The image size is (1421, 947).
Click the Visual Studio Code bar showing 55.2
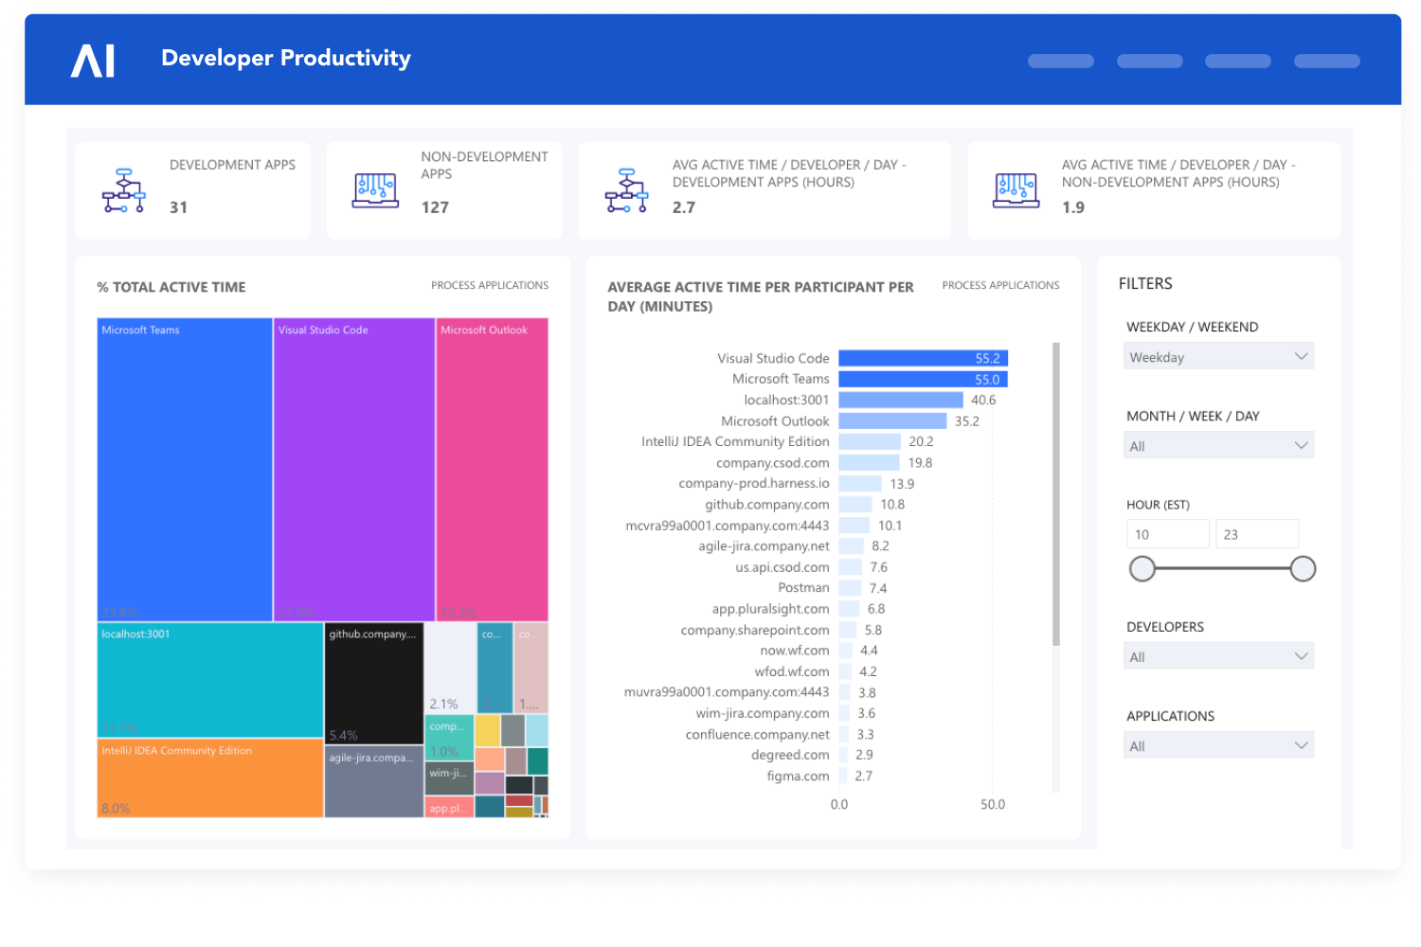pos(923,358)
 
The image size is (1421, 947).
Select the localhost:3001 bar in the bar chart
pos(900,400)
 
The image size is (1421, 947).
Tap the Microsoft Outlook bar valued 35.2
pos(892,420)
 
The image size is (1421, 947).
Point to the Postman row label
pos(803,588)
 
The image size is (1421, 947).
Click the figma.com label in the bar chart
pos(798,776)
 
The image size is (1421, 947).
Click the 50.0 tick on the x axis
pos(992,804)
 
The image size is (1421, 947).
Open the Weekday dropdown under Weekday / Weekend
pos(1218,356)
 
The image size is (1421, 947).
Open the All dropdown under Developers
pos(1218,656)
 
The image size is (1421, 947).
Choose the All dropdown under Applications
pos(1218,745)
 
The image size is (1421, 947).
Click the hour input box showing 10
pos(1167,534)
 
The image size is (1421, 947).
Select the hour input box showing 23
pos(1256,534)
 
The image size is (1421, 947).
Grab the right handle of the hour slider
pos(1303,568)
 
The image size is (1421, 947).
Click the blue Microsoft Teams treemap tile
pos(185,469)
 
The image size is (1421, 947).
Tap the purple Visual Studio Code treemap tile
pos(353,469)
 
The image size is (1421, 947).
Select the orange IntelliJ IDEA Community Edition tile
pos(209,778)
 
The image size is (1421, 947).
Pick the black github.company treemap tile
pos(373,683)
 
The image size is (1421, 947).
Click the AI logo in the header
pos(93,61)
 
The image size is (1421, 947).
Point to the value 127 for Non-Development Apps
pos(435,207)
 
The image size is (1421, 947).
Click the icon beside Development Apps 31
pos(123,190)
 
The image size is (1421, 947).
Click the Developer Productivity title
pos(286,58)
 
